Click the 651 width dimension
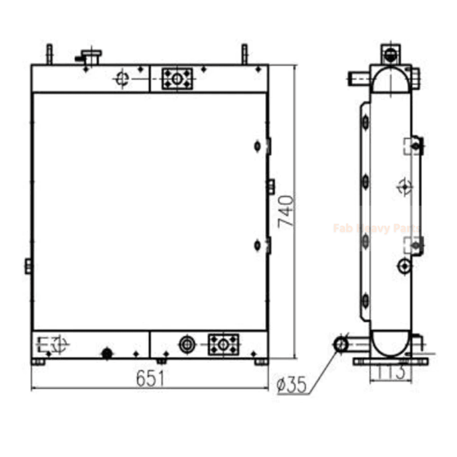click(150, 378)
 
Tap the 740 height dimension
click(286, 211)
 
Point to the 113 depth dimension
click(392, 372)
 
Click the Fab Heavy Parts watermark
click(376, 228)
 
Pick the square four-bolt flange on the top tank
click(177, 78)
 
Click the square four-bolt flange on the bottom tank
click(223, 344)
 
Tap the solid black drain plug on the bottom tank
click(106, 354)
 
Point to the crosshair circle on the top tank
click(121, 78)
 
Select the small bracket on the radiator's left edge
click(28, 266)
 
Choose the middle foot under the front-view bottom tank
click(162, 361)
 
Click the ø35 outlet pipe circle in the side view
click(341, 344)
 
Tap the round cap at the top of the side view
click(390, 55)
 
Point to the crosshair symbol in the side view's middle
click(403, 186)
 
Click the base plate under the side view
click(390, 361)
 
